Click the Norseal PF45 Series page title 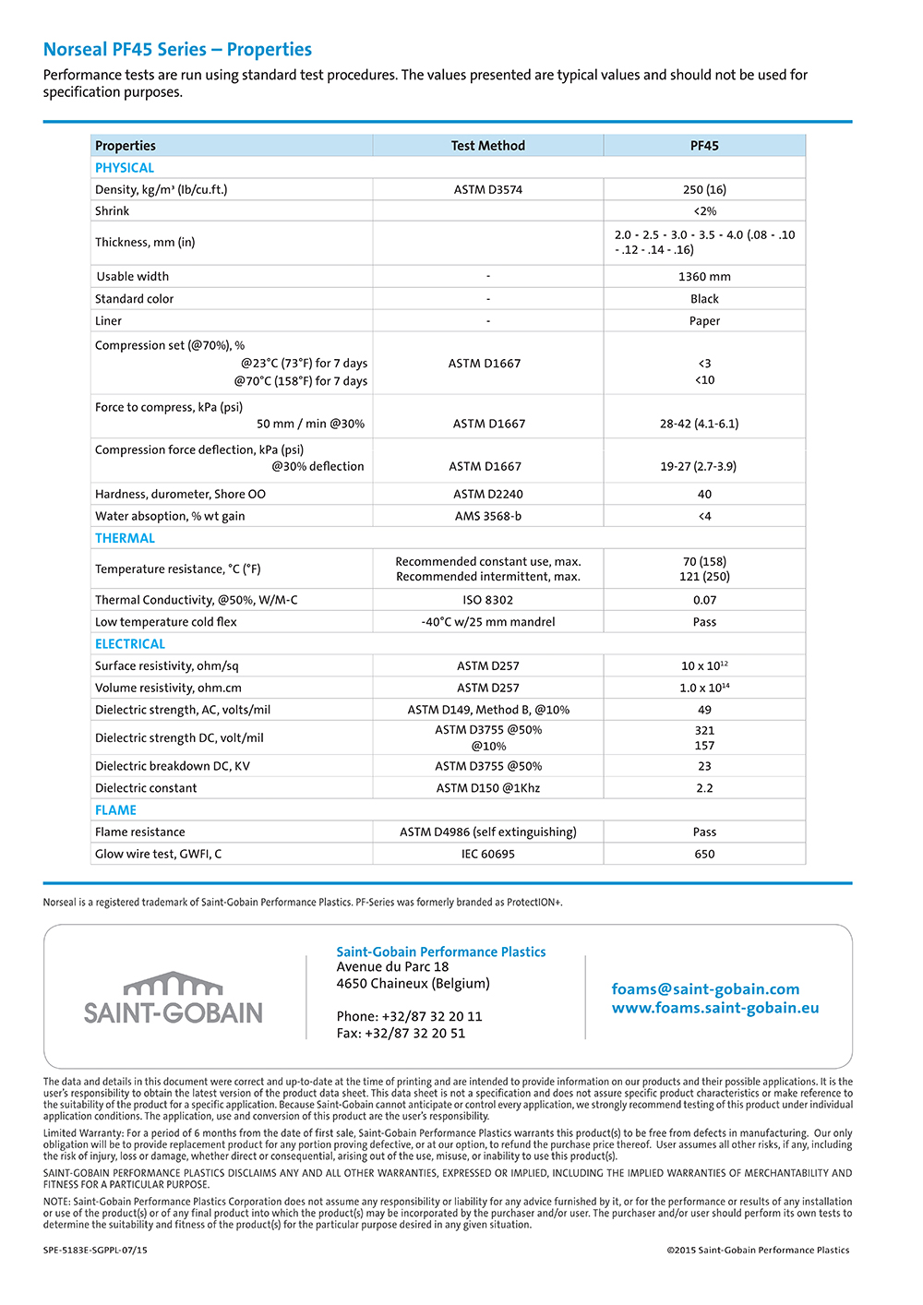pyautogui.click(x=177, y=50)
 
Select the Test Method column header pyautogui.click(x=487, y=146)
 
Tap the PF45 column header pyautogui.click(x=704, y=146)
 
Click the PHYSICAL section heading pyautogui.click(x=125, y=168)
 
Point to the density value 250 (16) pyautogui.click(x=704, y=190)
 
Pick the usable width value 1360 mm pyautogui.click(x=704, y=277)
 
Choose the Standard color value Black pyautogui.click(x=704, y=299)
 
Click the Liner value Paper pyautogui.click(x=704, y=321)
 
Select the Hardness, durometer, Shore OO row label pyautogui.click(x=180, y=495)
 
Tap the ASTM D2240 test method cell pyautogui.click(x=487, y=495)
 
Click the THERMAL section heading pyautogui.click(x=125, y=538)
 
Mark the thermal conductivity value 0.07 pyautogui.click(x=704, y=600)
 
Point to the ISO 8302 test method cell pyautogui.click(x=487, y=600)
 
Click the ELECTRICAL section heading pyautogui.click(x=130, y=644)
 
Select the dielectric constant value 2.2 pyautogui.click(x=704, y=788)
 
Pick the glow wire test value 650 pyautogui.click(x=704, y=855)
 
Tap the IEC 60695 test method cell pyautogui.click(x=487, y=855)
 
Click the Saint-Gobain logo pyautogui.click(x=174, y=999)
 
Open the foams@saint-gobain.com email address pyautogui.click(x=705, y=989)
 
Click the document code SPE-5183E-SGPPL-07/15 pyautogui.click(x=95, y=1251)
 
